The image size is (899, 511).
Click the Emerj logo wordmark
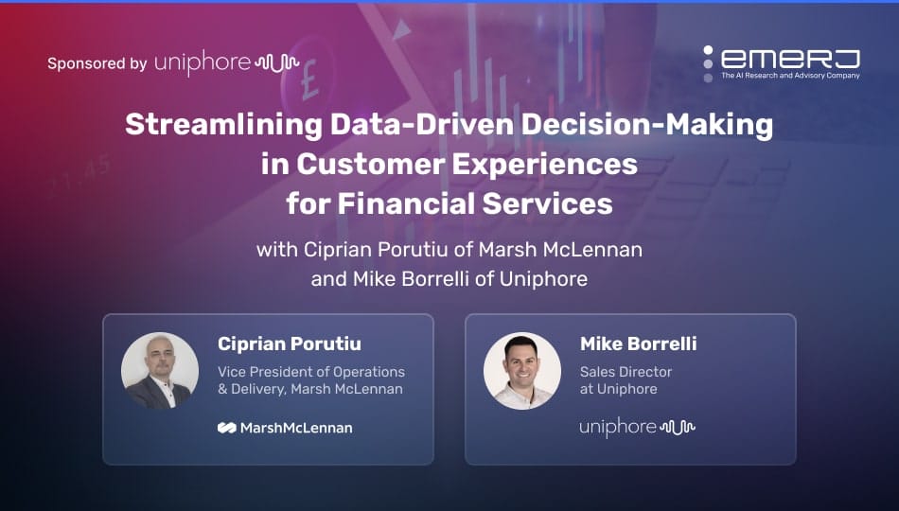(790, 59)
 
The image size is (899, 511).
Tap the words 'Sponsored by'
(97, 63)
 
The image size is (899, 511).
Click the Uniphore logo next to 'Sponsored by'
(226, 63)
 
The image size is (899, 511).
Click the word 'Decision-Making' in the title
(647, 125)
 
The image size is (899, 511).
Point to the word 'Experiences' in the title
(545, 165)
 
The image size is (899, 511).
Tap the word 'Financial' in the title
(405, 203)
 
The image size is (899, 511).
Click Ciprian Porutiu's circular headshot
(159, 371)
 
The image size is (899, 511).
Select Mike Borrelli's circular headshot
(521, 371)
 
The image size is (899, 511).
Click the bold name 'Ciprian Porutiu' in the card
(290, 344)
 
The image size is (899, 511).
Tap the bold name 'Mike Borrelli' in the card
(639, 344)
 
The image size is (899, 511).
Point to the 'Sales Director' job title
(626, 372)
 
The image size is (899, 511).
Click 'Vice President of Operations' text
(311, 372)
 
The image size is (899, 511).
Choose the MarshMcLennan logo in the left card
(285, 428)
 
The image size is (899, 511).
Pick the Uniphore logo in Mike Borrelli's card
(637, 428)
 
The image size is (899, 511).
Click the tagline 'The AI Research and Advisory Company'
(790, 75)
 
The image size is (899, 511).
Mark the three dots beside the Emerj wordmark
(708, 63)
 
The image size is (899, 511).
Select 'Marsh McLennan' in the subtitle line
(560, 250)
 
